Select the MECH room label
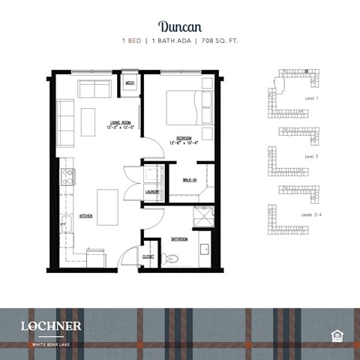[130, 82]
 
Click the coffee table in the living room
[88, 121]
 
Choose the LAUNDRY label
[152, 192]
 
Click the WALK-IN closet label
[189, 180]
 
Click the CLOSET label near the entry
[148, 256]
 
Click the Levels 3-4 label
[313, 214]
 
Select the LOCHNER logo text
[51, 325]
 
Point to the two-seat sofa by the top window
[94, 89]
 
